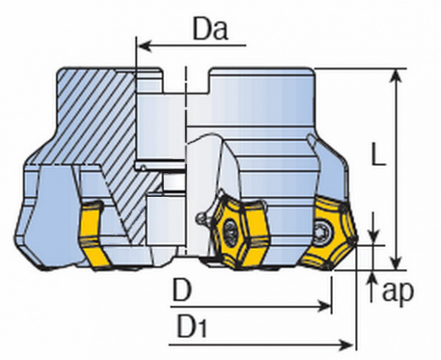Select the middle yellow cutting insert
point(236,228)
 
